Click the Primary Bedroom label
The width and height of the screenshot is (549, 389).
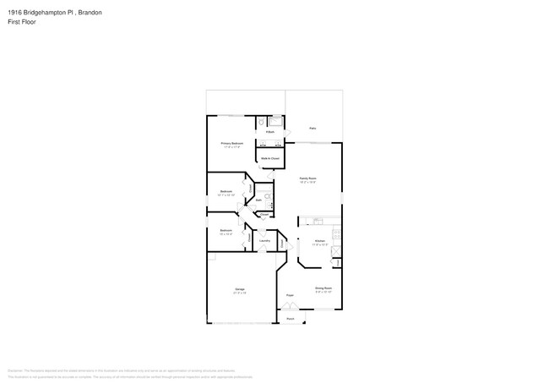pyautogui.click(x=232, y=144)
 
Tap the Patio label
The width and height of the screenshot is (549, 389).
pyautogui.click(x=313, y=129)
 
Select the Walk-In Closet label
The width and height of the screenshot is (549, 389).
pyautogui.click(x=269, y=158)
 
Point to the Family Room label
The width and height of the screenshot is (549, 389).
pyautogui.click(x=307, y=178)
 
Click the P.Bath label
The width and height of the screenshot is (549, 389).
pyautogui.click(x=269, y=132)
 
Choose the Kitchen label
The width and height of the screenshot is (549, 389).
pyautogui.click(x=319, y=242)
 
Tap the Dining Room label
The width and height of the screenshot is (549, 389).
pyautogui.click(x=323, y=288)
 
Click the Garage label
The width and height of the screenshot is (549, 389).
pyautogui.click(x=240, y=290)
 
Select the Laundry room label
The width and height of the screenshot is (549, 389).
pyautogui.click(x=264, y=242)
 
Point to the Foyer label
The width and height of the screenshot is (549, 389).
pyautogui.click(x=290, y=295)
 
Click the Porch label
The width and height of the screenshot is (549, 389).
pyautogui.click(x=290, y=318)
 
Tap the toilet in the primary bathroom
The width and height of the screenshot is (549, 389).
pyautogui.click(x=262, y=122)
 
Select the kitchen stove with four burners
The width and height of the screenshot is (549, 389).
pyautogui.click(x=335, y=233)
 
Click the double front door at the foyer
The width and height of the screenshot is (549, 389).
pyautogui.click(x=290, y=308)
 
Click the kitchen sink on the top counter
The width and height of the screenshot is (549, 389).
pyautogui.click(x=318, y=222)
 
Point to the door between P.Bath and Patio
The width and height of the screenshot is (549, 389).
pyautogui.click(x=286, y=133)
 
